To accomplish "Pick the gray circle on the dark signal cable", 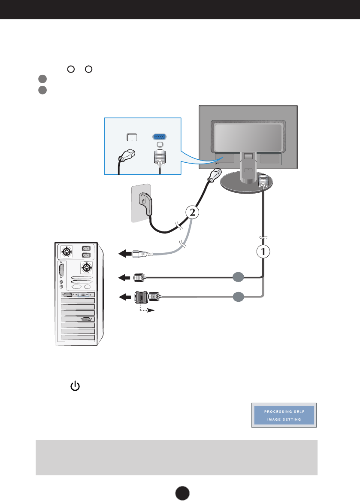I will [x=239, y=278].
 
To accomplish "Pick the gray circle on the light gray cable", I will [x=239, y=295].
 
